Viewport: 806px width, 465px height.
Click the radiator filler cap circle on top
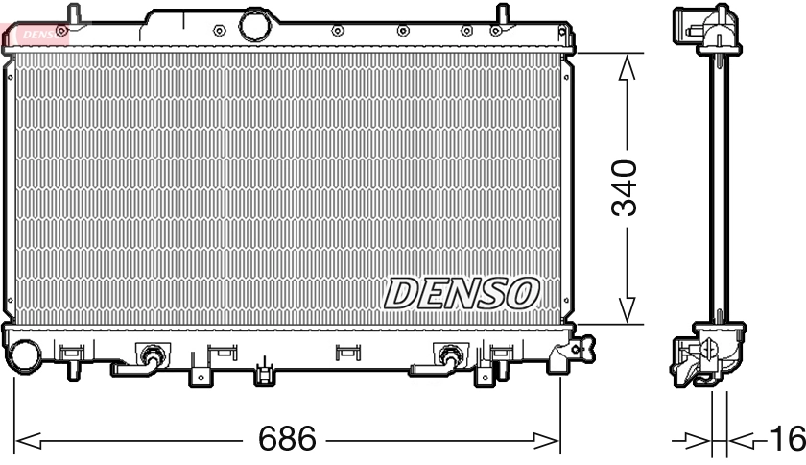(256, 25)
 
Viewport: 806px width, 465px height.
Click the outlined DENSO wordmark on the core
(462, 292)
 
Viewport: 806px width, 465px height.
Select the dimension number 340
(625, 187)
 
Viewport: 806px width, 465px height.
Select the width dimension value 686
(288, 440)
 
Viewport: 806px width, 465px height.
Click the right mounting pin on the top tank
(501, 14)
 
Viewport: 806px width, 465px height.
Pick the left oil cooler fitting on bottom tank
(149, 357)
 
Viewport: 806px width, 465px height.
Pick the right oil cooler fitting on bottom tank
(447, 357)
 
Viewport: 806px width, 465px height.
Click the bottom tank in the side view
(707, 356)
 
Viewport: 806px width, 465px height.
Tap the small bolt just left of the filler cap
(220, 30)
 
